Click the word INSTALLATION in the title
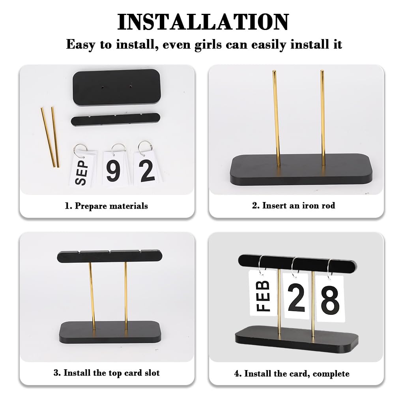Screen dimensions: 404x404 click(x=203, y=22)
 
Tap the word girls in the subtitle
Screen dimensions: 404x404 click(x=208, y=45)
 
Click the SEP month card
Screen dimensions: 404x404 click(x=82, y=169)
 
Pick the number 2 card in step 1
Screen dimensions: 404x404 click(x=147, y=169)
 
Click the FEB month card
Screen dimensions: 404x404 click(x=262, y=293)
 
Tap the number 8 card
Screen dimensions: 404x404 click(x=330, y=298)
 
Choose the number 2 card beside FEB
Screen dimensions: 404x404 click(x=297, y=296)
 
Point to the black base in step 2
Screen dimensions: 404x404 click(x=301, y=170)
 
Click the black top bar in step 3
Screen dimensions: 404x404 click(x=110, y=256)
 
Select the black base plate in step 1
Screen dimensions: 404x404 click(x=117, y=87)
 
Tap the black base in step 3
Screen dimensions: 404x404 click(x=110, y=332)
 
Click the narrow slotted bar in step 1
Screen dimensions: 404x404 click(x=116, y=119)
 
